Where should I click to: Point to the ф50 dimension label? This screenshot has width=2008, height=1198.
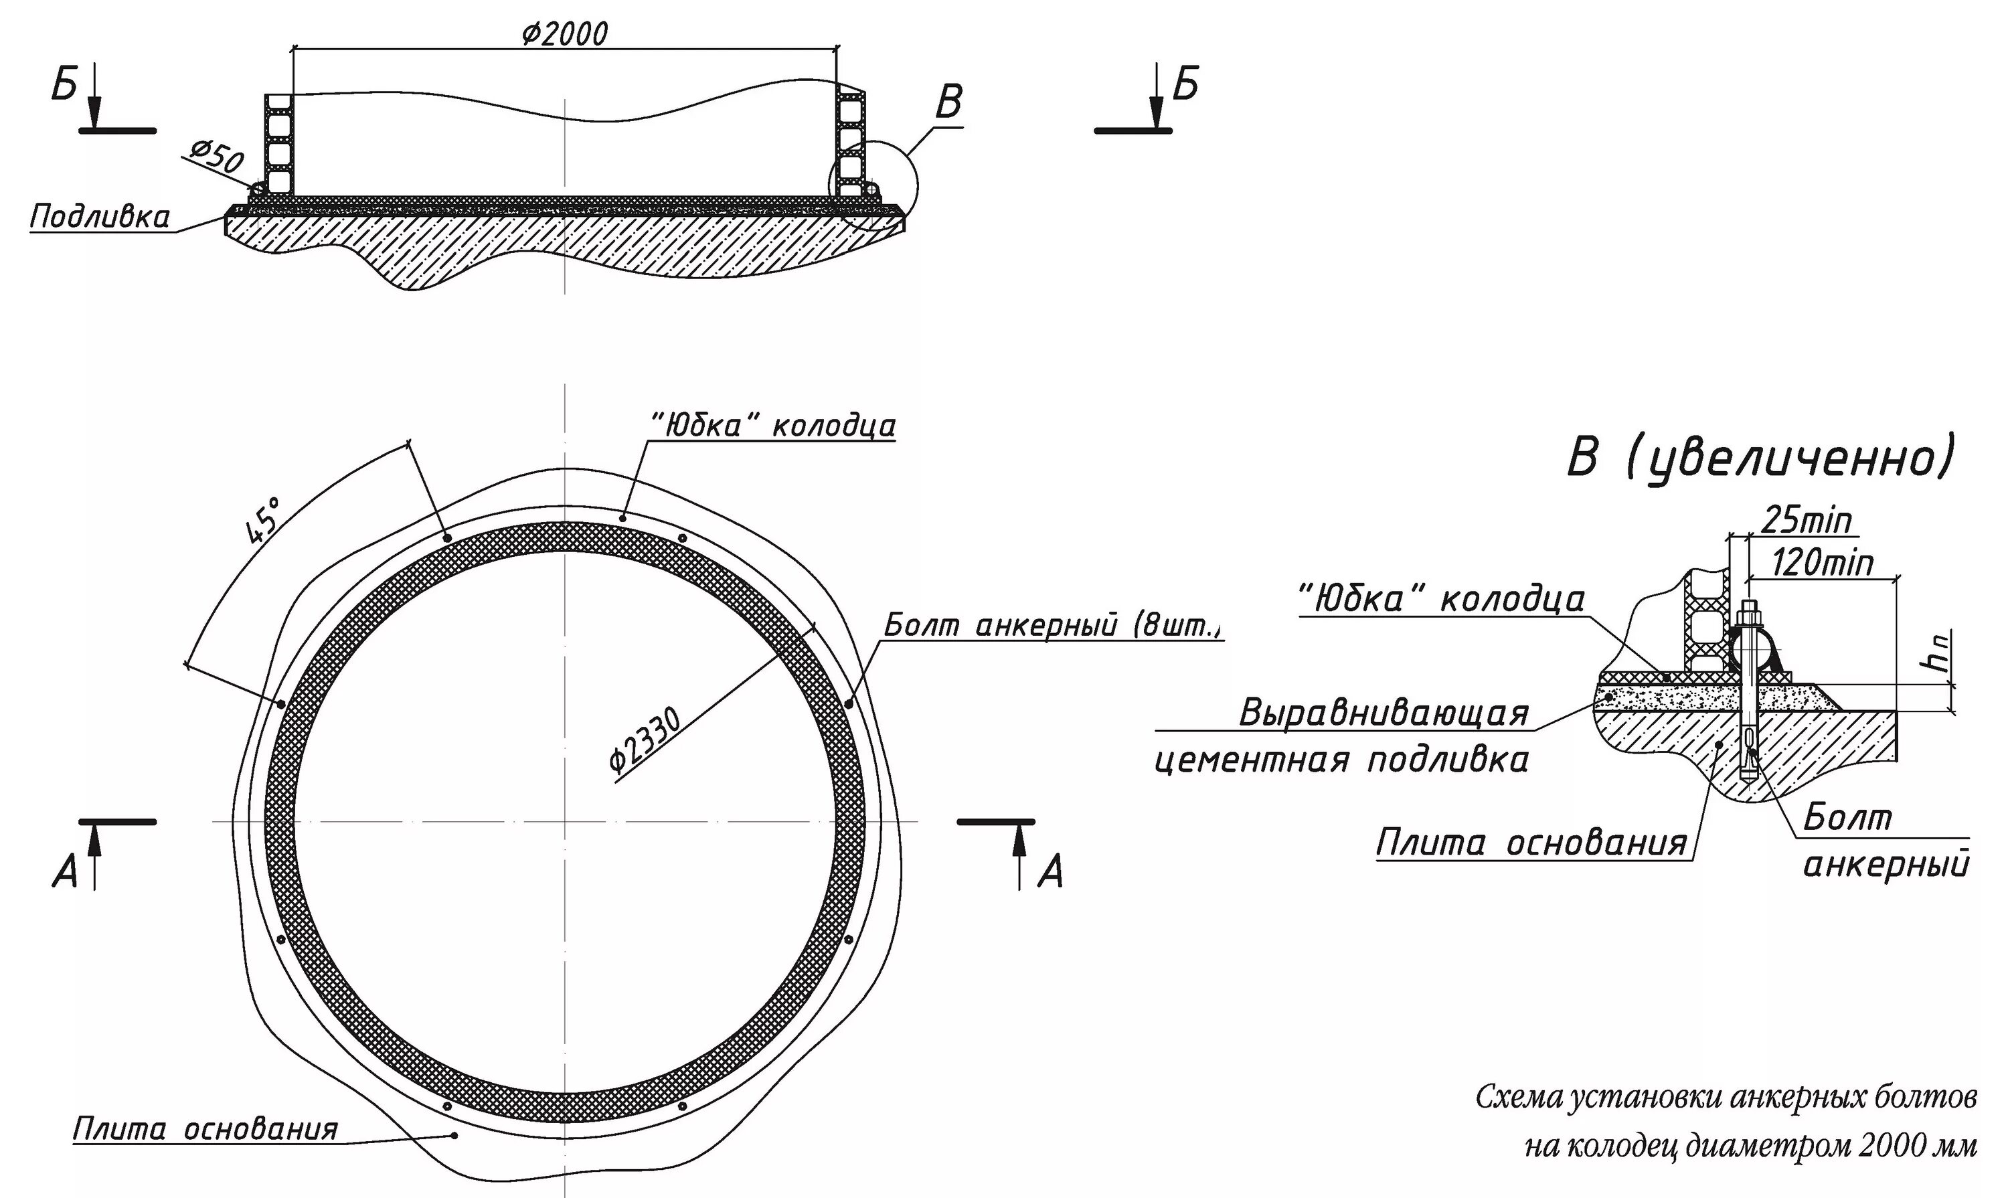click(216, 158)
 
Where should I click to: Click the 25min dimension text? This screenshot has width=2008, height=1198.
click(1805, 521)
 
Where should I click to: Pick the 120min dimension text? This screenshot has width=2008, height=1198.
click(1821, 563)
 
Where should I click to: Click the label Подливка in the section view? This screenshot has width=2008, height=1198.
click(100, 217)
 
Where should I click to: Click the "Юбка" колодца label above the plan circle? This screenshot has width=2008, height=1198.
click(772, 426)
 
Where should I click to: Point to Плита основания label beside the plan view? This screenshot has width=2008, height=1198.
click(205, 1129)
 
